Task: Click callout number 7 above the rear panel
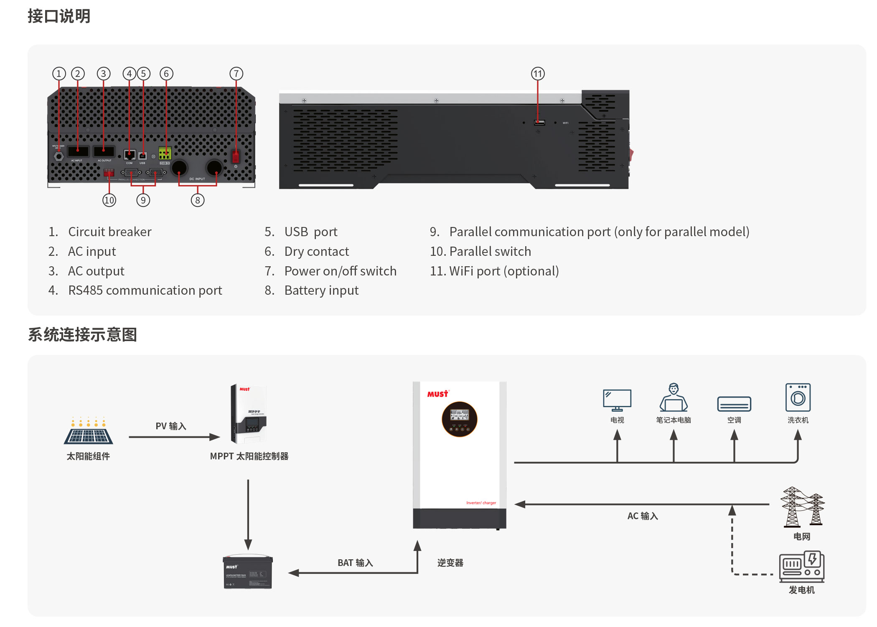click(x=236, y=74)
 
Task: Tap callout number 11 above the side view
click(x=538, y=74)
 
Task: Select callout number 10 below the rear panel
click(x=109, y=200)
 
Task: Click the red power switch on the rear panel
click(x=236, y=156)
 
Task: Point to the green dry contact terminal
click(x=165, y=153)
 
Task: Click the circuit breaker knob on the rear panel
click(x=58, y=156)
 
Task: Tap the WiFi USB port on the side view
click(x=539, y=122)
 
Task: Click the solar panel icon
click(x=88, y=432)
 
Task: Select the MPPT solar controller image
click(x=248, y=413)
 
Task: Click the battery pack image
click(x=248, y=572)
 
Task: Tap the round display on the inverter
click(x=459, y=419)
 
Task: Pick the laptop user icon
click(x=673, y=398)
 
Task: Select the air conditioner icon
click(x=734, y=404)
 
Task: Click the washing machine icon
click(x=798, y=398)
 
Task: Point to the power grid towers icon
click(x=802, y=507)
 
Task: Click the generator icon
click(x=801, y=566)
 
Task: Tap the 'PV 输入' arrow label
click(x=171, y=426)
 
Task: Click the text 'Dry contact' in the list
click(x=316, y=252)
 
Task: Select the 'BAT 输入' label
click(x=355, y=563)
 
